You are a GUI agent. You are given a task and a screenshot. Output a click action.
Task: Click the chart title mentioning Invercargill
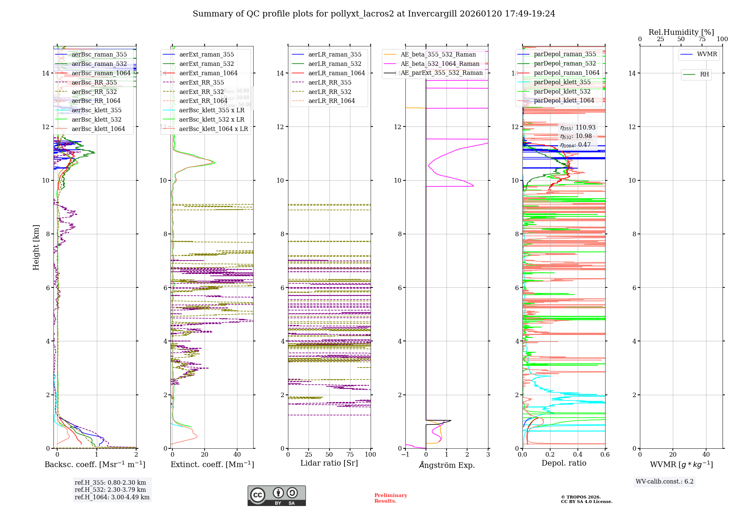pyautogui.click(x=374, y=14)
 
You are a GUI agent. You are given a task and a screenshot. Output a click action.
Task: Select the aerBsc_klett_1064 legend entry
pyautogui.click(x=98, y=129)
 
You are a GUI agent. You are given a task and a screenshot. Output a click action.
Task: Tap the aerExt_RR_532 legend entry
pyautogui.click(x=201, y=92)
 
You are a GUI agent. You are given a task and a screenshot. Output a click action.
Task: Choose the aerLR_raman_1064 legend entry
pyautogui.click(x=336, y=73)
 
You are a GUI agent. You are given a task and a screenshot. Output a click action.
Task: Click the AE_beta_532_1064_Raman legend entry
pyautogui.click(x=440, y=64)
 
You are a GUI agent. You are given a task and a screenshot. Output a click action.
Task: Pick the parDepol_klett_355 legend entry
pyautogui.click(x=562, y=82)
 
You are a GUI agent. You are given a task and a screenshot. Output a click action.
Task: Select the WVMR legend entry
pyautogui.click(x=707, y=54)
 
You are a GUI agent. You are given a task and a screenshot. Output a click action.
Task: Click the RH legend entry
pyautogui.click(x=704, y=74)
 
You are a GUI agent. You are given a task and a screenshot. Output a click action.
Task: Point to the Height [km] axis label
pyautogui.click(x=36, y=247)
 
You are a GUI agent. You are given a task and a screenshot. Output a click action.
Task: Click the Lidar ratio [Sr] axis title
pyautogui.click(x=329, y=463)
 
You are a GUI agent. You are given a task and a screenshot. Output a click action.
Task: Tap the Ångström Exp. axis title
pyautogui.click(x=447, y=465)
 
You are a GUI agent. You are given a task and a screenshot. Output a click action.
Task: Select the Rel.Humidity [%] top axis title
pyautogui.click(x=681, y=32)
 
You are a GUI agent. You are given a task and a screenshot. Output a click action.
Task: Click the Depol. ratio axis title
pyautogui.click(x=564, y=463)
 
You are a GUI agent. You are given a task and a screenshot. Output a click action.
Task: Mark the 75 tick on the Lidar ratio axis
pyautogui.click(x=350, y=454)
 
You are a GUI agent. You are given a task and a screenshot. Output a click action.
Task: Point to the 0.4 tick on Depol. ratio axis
pyautogui.click(x=577, y=454)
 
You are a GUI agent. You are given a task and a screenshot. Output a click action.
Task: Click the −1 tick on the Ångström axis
pyautogui.click(x=405, y=454)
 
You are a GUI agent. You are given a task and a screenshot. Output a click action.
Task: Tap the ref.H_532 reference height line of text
pyautogui.click(x=110, y=490)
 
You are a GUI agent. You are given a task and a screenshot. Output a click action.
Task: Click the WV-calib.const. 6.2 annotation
pyautogui.click(x=665, y=481)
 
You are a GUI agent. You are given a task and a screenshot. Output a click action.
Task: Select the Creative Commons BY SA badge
pyautogui.click(x=276, y=496)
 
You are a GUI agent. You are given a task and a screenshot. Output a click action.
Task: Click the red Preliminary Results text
pyautogui.click(x=390, y=498)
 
